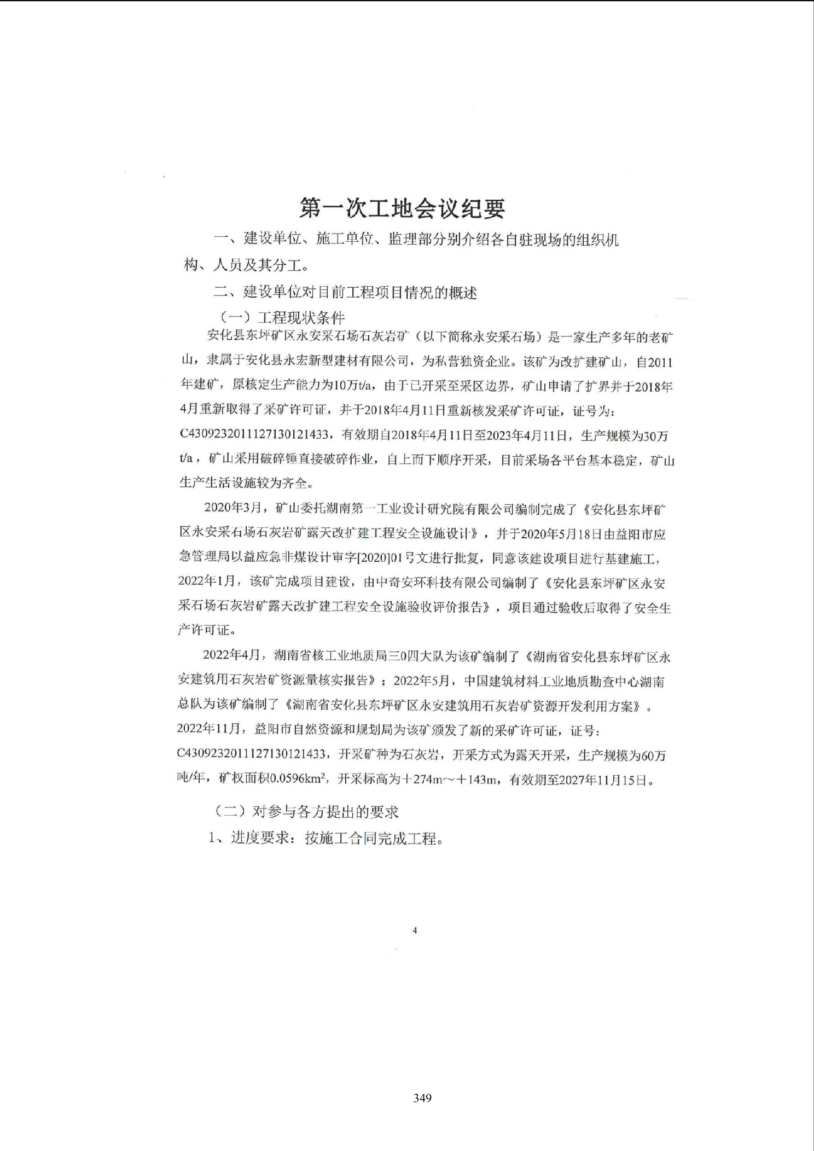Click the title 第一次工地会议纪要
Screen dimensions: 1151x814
tap(402, 208)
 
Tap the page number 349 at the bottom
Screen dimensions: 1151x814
tap(423, 1098)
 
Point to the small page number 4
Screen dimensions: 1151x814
tap(415, 930)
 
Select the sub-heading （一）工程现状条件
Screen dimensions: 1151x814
tap(282, 318)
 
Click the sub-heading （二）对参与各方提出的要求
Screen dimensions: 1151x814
tap(306, 812)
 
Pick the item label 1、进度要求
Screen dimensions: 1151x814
tap(248, 838)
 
